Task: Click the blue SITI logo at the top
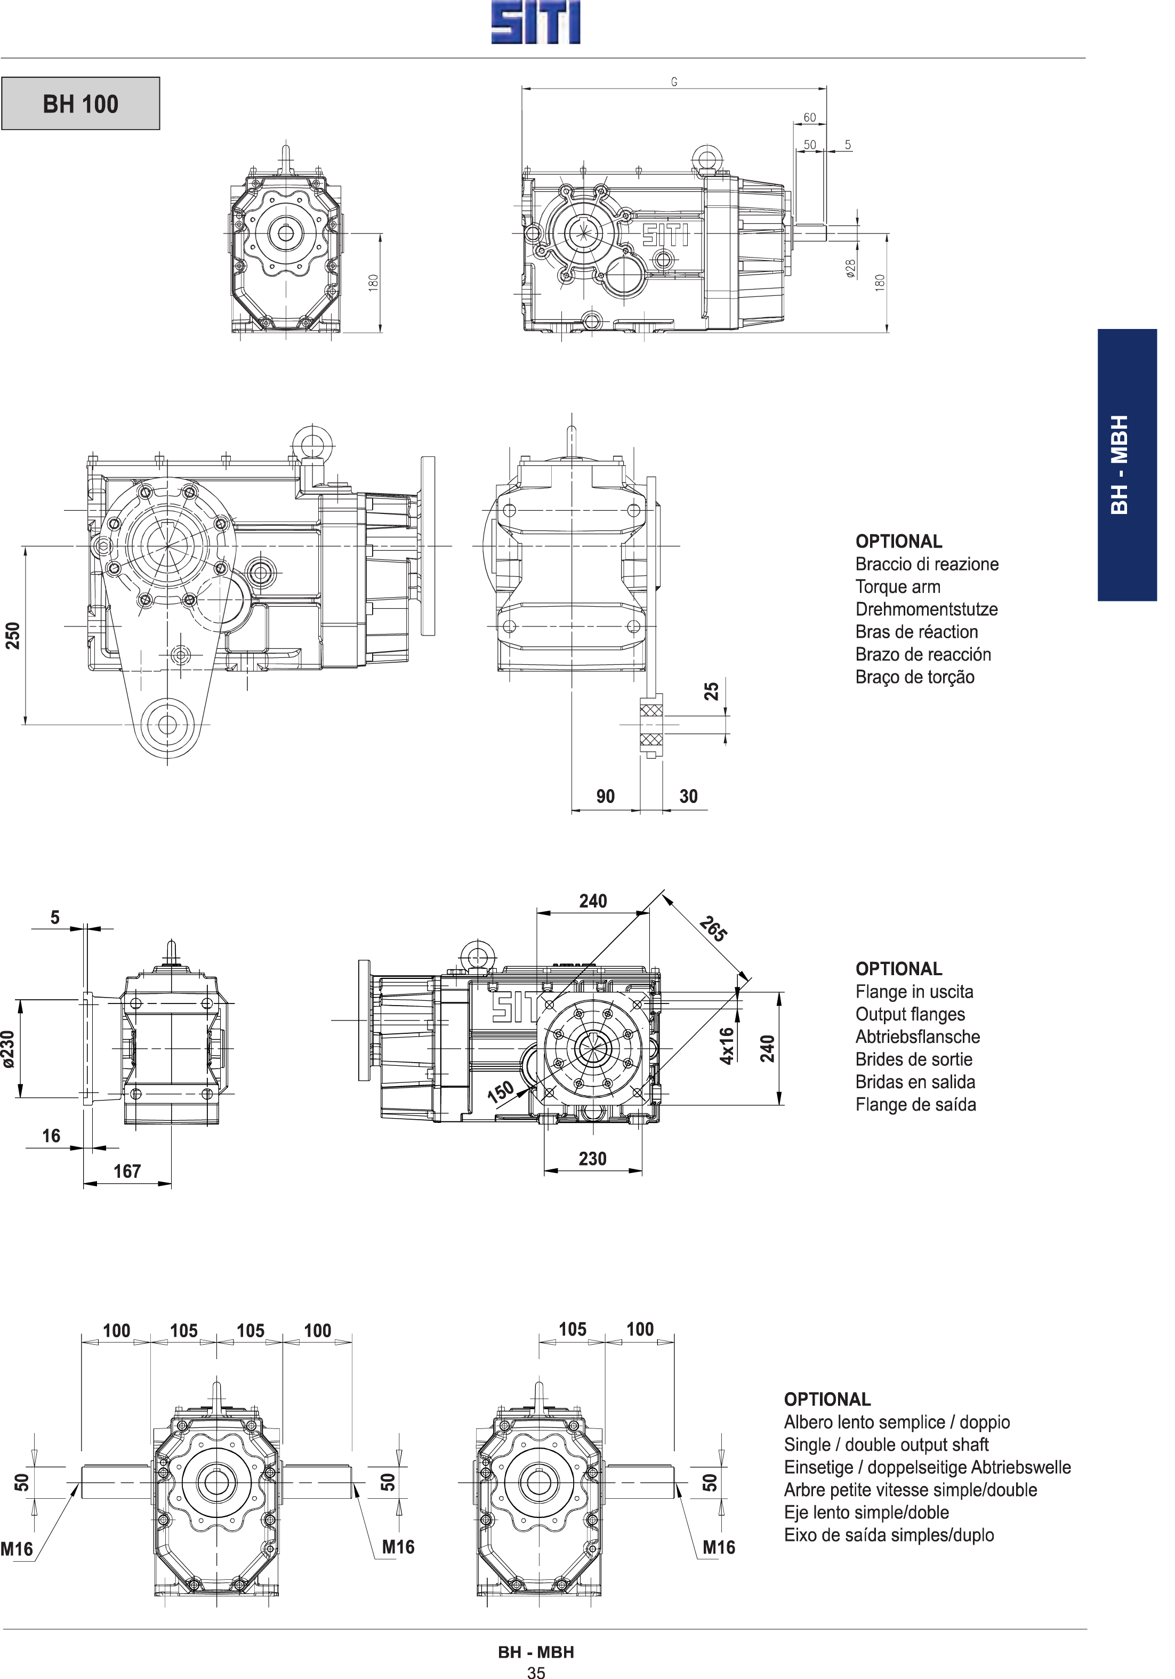(x=535, y=23)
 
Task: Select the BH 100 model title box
(x=81, y=104)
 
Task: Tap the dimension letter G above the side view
(x=674, y=83)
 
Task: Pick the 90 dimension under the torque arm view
(x=606, y=797)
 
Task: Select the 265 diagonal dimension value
(x=713, y=929)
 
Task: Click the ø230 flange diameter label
(x=8, y=1049)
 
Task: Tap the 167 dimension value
(x=127, y=1171)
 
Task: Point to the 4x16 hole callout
(x=726, y=1046)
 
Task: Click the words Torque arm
(x=898, y=587)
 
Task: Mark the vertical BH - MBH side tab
(x=1126, y=465)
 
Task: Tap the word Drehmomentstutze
(x=927, y=609)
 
